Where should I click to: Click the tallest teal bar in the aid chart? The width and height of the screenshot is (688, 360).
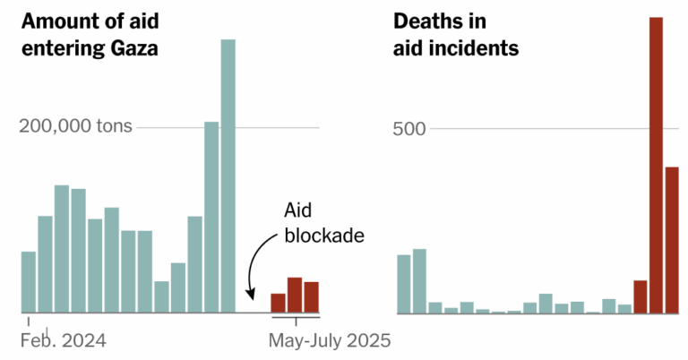pyautogui.click(x=228, y=176)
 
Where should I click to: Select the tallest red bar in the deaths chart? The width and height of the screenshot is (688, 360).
pyautogui.click(x=656, y=166)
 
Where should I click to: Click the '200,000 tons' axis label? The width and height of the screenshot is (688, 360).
pyautogui.click(x=76, y=127)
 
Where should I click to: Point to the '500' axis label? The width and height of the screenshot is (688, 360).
pyautogui.click(x=410, y=127)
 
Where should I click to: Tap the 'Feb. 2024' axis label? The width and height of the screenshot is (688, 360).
pyautogui.click(x=64, y=340)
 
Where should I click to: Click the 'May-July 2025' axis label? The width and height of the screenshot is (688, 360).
pyautogui.click(x=331, y=340)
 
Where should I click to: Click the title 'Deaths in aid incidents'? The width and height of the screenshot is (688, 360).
pyautogui.click(x=456, y=34)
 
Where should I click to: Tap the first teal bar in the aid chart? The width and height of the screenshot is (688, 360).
pyautogui.click(x=29, y=282)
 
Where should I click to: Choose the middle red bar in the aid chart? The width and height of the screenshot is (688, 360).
pyautogui.click(x=294, y=296)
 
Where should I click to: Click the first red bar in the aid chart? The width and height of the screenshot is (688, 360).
pyautogui.click(x=278, y=304)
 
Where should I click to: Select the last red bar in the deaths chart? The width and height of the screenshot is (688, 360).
pyautogui.click(x=672, y=240)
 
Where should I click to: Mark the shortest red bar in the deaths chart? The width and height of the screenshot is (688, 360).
pyautogui.click(x=640, y=296)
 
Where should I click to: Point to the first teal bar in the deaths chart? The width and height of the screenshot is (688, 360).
pyautogui.click(x=403, y=284)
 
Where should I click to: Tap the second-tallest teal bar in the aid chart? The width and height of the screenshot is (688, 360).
pyautogui.click(x=211, y=218)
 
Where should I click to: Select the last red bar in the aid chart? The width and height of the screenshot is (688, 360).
pyautogui.click(x=311, y=297)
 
